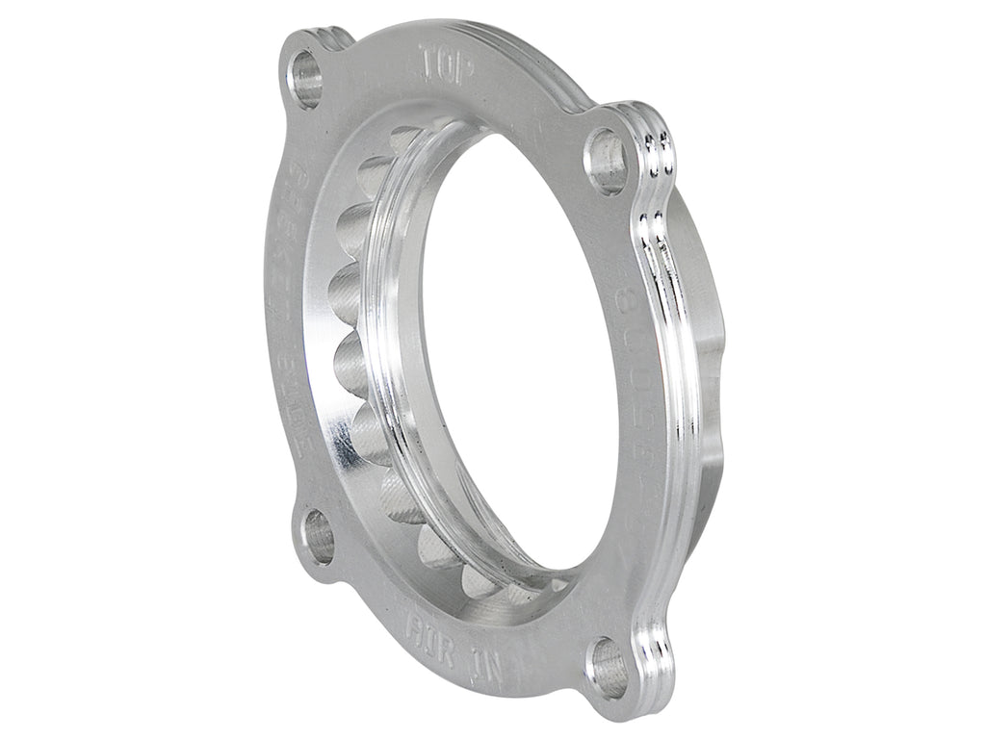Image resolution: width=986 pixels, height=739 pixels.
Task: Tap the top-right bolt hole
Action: point(607,160)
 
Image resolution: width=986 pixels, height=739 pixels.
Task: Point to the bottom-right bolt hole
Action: point(607,664)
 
